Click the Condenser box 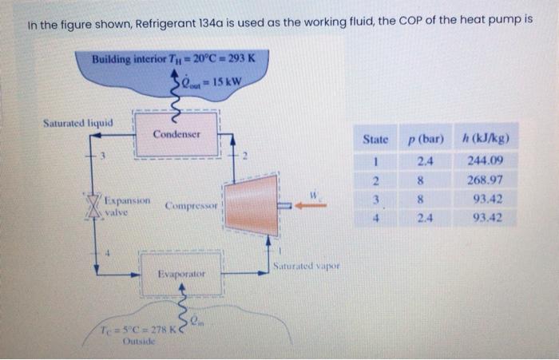point(176,133)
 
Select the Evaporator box point(180,273)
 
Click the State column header point(375,140)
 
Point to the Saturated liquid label point(77,123)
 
